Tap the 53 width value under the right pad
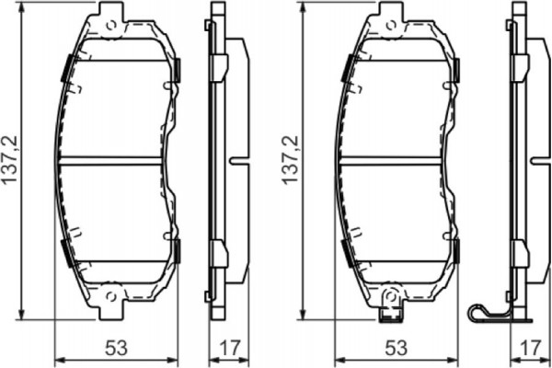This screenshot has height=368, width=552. coord(396,348)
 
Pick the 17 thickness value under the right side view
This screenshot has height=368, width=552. coord(529,348)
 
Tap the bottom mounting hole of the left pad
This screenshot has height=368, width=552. coord(110,296)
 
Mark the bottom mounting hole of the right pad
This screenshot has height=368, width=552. coord(391,296)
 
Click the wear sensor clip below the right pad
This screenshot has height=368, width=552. coord(391,313)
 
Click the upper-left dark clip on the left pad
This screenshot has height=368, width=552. coord(66,69)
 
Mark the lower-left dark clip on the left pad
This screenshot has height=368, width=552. coord(66,251)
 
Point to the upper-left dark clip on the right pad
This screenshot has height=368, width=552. coord(347,69)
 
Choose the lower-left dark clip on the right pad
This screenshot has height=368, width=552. coord(347,251)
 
